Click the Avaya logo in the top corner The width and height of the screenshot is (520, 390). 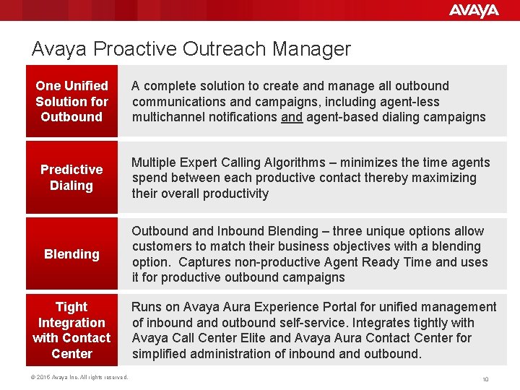(473, 10)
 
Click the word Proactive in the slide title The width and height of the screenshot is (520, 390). (133, 49)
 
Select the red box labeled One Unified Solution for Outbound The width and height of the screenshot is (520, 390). (71, 101)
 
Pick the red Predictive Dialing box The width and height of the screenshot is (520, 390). (71, 178)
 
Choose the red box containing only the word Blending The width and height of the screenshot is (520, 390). (71, 254)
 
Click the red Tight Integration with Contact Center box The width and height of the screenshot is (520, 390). (71, 330)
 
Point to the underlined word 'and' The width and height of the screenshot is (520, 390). (292, 117)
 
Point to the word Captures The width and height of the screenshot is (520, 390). (205, 262)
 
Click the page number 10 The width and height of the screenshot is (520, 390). (485, 379)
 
